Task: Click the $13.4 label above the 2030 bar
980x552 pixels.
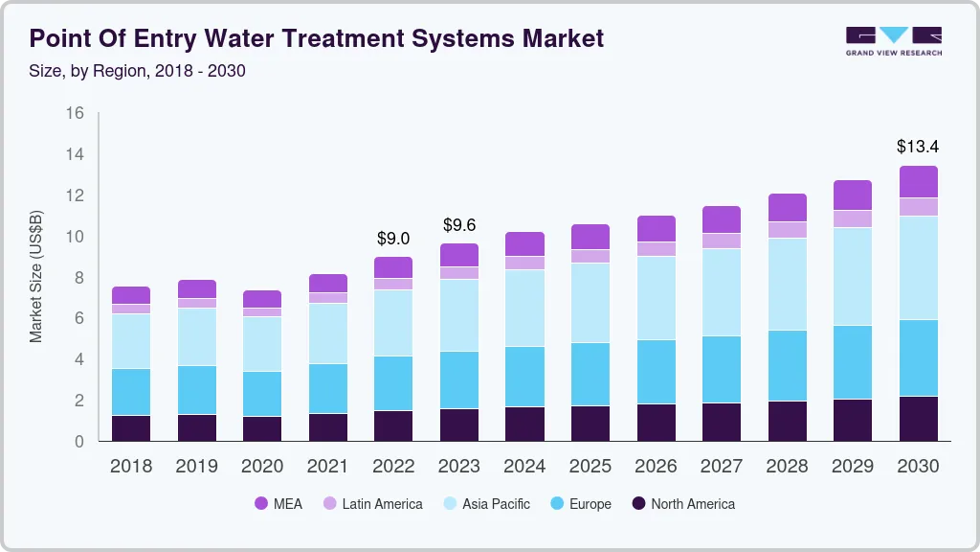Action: tap(917, 147)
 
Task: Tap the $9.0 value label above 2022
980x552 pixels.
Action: tap(393, 238)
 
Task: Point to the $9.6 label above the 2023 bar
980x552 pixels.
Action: tap(458, 225)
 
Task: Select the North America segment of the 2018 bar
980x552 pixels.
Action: tap(131, 427)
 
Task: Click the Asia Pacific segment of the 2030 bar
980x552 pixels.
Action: tap(917, 267)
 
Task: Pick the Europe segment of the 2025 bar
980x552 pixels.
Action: tap(590, 374)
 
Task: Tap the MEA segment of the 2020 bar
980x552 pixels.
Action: tap(262, 299)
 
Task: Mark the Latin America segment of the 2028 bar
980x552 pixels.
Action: tap(786, 230)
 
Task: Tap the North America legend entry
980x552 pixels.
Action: tap(682, 504)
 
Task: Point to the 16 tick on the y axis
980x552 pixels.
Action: tap(75, 113)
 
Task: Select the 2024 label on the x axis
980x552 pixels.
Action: tap(524, 467)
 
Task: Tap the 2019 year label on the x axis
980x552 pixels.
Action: tap(196, 467)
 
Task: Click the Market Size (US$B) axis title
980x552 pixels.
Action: tap(36, 277)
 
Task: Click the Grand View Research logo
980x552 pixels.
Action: tap(893, 40)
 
